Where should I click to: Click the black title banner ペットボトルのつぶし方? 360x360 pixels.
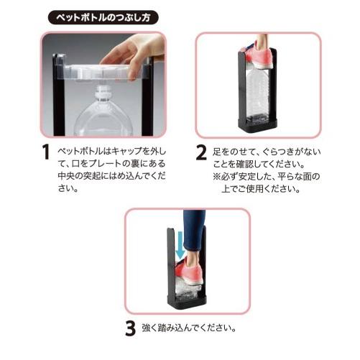point(103,17)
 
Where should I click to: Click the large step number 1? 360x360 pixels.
point(45,152)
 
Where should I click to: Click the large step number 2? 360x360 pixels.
point(201,152)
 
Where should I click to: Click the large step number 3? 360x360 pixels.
point(131,328)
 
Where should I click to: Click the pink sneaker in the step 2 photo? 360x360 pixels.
point(259,56)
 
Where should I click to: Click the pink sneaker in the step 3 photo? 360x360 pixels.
point(189,272)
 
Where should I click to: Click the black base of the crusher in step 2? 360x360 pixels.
point(257,126)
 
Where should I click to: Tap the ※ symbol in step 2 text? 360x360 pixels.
point(217,177)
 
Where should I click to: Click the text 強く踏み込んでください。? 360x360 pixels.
point(188,328)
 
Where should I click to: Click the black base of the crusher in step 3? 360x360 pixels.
point(187,303)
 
